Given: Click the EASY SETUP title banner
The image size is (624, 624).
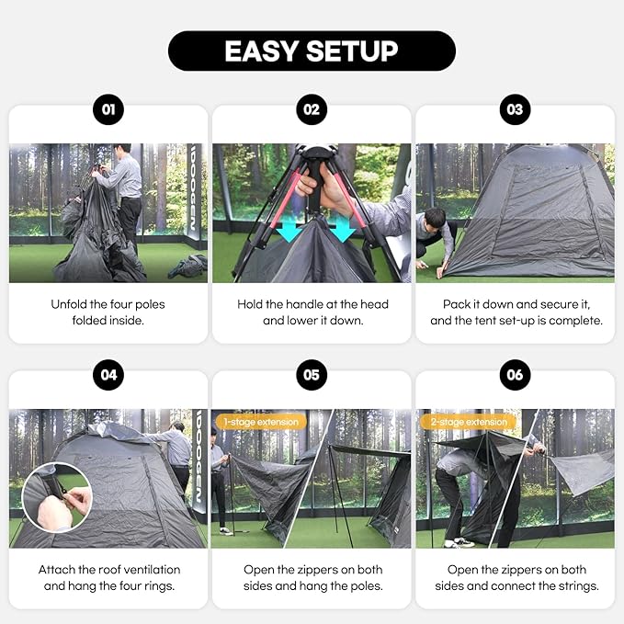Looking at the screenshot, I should (312, 51).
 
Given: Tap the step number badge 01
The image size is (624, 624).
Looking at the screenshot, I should (108, 110).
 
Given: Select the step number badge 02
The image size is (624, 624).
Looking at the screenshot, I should (312, 110).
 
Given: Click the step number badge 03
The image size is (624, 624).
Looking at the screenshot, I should (515, 110).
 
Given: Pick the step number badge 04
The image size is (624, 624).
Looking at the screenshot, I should (108, 375).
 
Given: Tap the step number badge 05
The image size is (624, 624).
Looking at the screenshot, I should (312, 375).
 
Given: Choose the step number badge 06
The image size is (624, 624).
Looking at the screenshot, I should (515, 375).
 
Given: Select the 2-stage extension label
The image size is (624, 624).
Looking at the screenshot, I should (465, 422).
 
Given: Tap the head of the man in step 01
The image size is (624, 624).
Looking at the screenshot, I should (123, 149).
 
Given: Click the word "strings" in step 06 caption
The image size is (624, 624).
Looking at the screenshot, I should (575, 585).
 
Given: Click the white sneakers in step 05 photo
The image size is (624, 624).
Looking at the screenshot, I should (225, 530).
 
